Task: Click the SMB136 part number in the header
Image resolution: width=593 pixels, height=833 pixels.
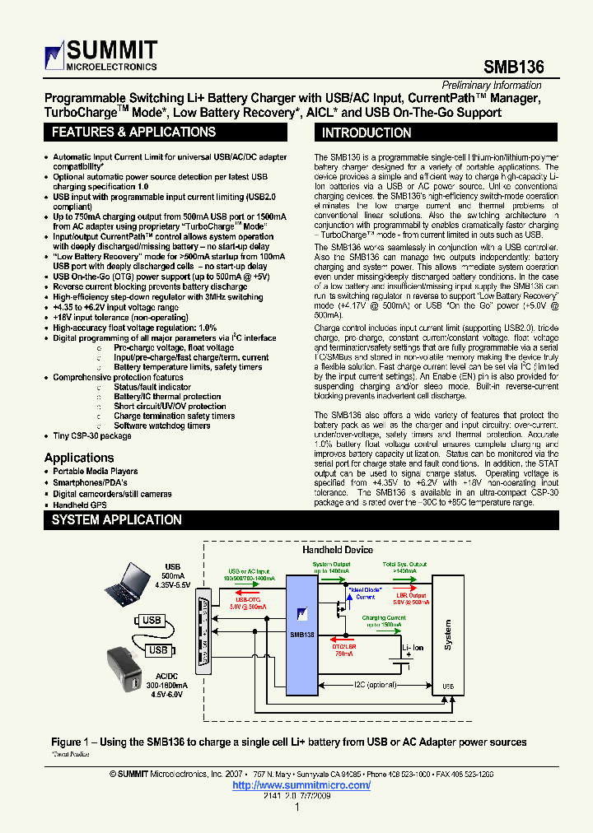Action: [x=513, y=67]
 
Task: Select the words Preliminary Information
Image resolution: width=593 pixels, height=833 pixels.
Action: [x=492, y=86]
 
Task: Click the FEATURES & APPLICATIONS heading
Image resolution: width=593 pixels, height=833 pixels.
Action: [x=133, y=133]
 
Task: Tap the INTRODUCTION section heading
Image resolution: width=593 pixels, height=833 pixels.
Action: [x=367, y=133]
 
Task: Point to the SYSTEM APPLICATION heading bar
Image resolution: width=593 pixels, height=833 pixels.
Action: [x=116, y=520]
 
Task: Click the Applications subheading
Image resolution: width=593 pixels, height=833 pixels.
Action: [x=79, y=458]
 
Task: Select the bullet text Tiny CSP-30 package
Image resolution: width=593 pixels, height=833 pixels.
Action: [x=92, y=436]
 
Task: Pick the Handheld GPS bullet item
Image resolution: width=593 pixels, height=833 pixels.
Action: [x=81, y=505]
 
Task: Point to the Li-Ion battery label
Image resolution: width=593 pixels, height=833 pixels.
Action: [x=412, y=648]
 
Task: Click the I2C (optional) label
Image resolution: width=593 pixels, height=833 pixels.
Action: [x=376, y=684]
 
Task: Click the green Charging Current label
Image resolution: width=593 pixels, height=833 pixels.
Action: [x=383, y=617]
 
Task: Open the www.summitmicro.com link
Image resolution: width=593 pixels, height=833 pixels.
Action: [x=301, y=785]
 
